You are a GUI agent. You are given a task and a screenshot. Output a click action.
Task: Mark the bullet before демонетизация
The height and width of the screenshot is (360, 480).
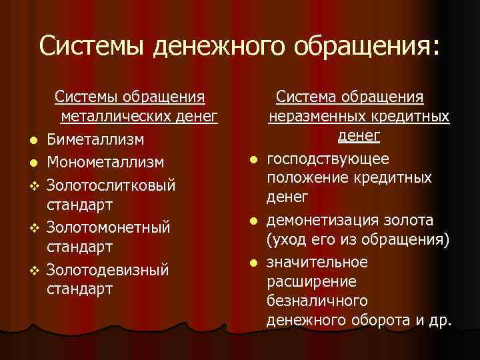(254, 221)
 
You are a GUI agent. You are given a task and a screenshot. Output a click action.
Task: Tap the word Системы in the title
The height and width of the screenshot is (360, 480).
(93, 46)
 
